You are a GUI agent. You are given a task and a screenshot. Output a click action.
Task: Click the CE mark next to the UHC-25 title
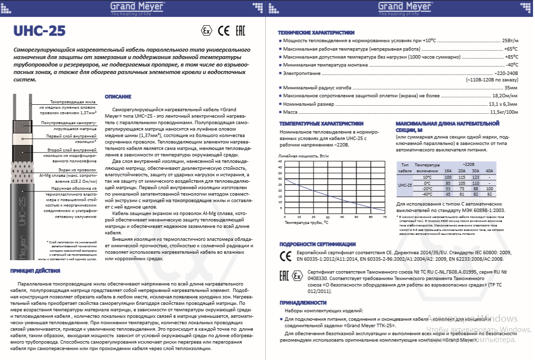click(x=223, y=31)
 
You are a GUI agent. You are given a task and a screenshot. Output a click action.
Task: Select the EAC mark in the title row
click(x=240, y=31)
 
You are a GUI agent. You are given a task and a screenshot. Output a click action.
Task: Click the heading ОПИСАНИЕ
click(x=118, y=96)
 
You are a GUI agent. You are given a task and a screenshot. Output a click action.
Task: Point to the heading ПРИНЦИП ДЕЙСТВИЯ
click(x=35, y=271)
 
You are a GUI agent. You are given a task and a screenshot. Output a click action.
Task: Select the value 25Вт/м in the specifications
click(x=510, y=40)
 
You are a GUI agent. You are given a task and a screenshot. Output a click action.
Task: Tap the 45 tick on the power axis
click(x=280, y=161)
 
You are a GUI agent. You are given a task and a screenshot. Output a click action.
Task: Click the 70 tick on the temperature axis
click(x=384, y=217)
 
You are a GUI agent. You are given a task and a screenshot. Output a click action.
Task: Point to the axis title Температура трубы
click(x=306, y=223)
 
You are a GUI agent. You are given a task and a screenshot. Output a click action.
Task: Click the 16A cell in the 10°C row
click(x=448, y=177)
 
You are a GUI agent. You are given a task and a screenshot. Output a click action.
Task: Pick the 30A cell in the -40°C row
click(x=475, y=194)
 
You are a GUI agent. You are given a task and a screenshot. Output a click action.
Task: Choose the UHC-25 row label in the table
click(x=405, y=185)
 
